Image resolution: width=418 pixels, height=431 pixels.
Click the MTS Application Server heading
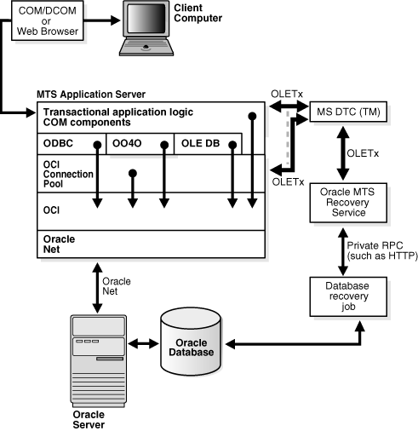click(x=91, y=92)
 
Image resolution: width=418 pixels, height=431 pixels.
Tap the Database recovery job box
click(x=345, y=295)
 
